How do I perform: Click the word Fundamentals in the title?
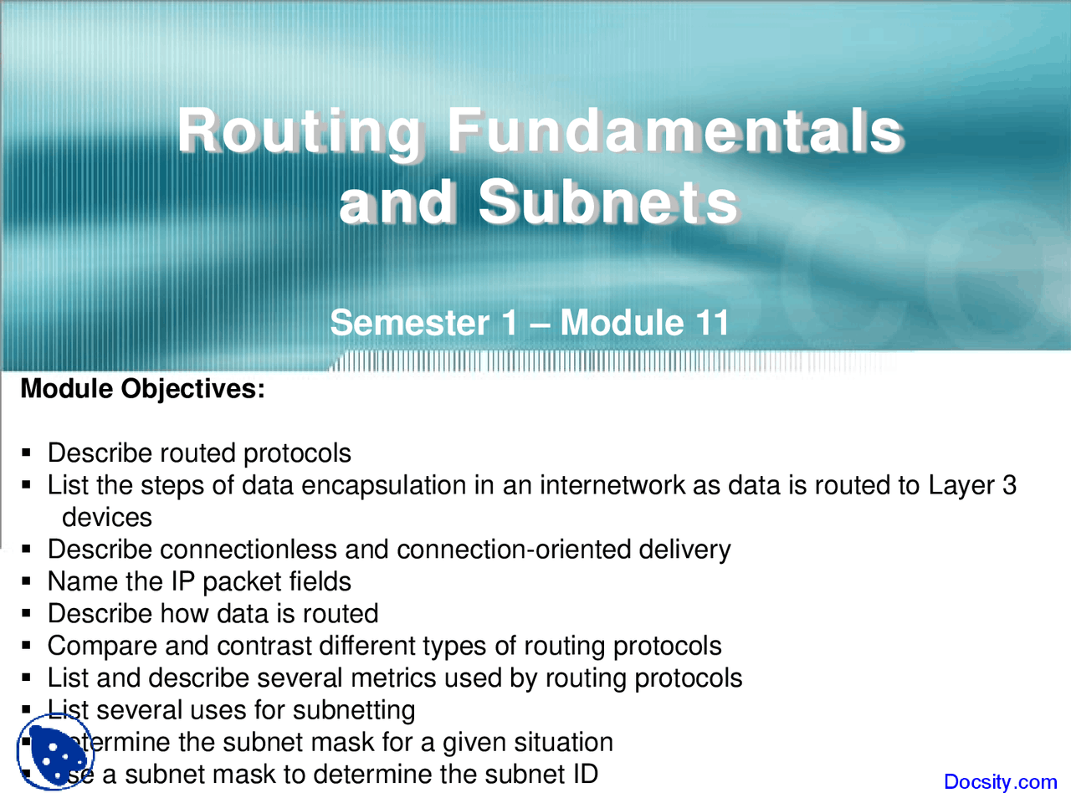(674, 131)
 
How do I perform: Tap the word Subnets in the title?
(608, 203)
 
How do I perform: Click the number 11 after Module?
(712, 323)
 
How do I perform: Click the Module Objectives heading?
(142, 389)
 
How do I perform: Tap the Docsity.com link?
(1000, 782)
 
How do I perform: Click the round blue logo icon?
(55, 752)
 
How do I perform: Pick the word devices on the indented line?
(107, 518)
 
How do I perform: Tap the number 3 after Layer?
(1009, 485)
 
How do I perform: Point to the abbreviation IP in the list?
(182, 581)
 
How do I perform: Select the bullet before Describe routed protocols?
(27, 453)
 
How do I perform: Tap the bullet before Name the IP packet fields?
(27, 582)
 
